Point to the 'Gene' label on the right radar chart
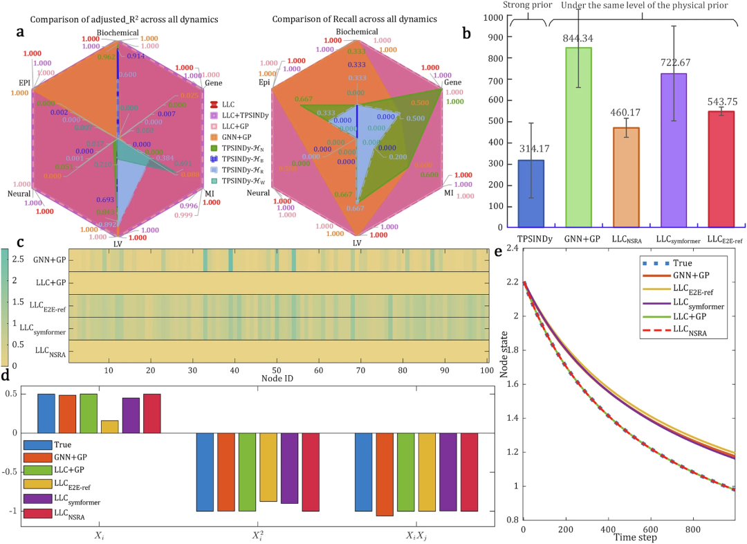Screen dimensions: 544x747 click(x=454, y=82)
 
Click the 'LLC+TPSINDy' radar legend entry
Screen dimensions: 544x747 click(x=233, y=114)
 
